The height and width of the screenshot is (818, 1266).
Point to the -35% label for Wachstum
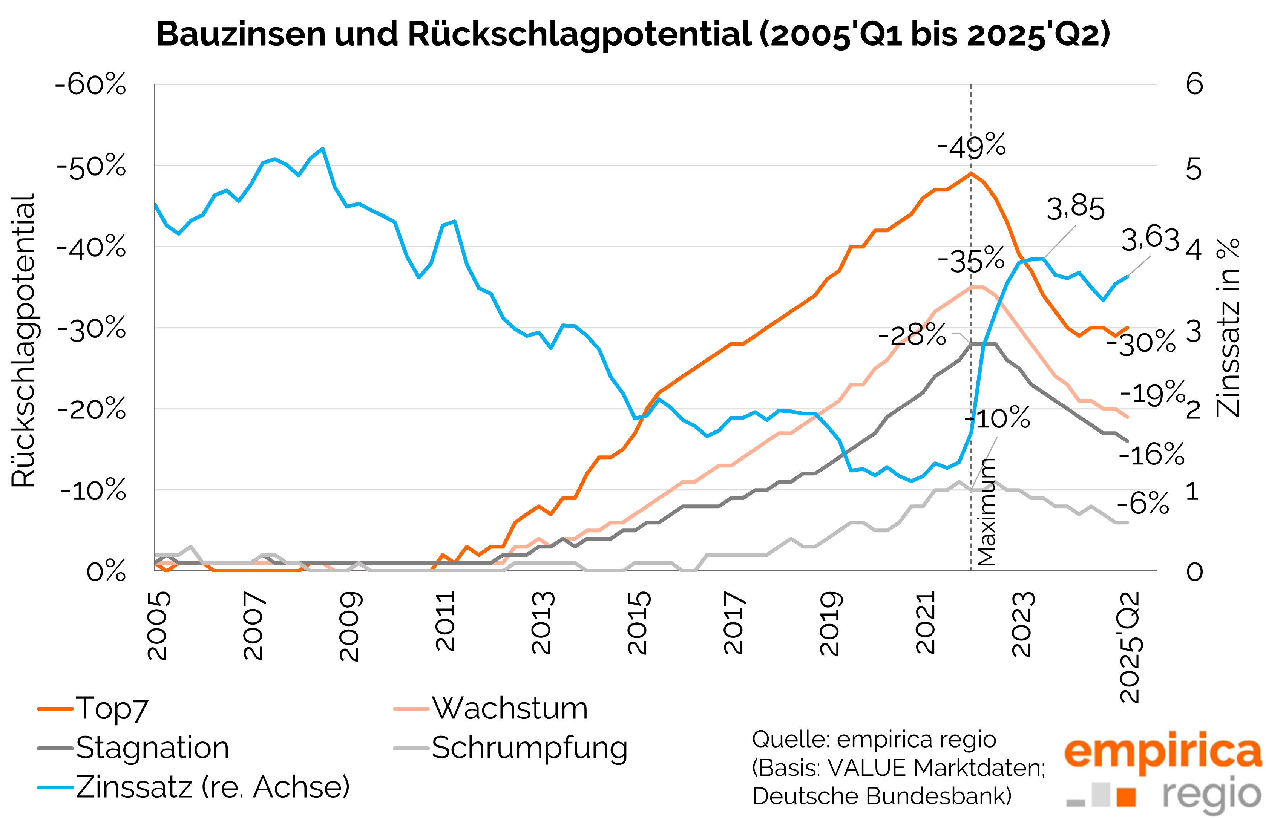(971, 260)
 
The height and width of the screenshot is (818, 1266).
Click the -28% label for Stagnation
(912, 335)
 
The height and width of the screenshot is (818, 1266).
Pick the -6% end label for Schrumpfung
(1143, 502)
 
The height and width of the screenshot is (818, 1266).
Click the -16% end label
(1151, 454)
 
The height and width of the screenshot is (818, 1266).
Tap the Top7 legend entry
(112, 709)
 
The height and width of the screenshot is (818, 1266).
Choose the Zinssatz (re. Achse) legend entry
(213, 787)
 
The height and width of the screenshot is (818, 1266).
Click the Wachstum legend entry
(509, 709)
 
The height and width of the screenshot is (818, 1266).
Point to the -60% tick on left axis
(91, 84)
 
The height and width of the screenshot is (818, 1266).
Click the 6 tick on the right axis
(1194, 84)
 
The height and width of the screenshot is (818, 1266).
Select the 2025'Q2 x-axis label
(1130, 648)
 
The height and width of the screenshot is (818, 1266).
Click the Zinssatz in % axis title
(1228, 328)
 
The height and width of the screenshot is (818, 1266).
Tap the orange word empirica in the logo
(1162, 751)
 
